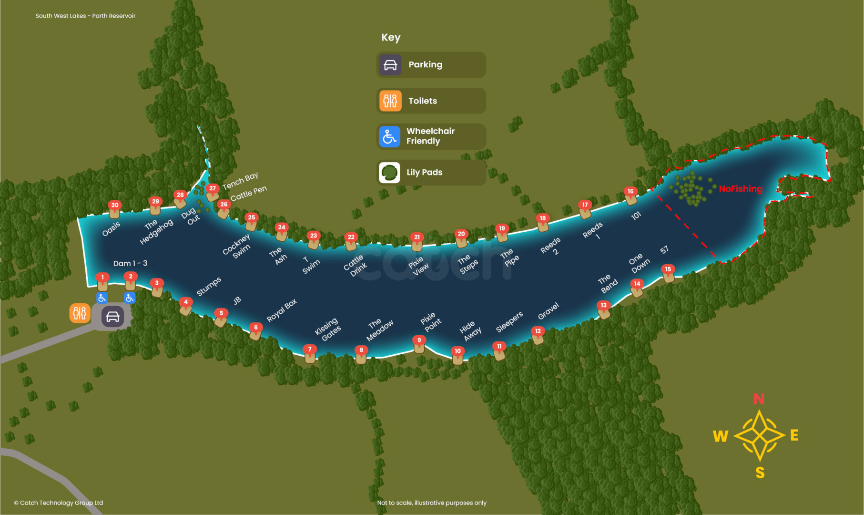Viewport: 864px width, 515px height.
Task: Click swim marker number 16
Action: coord(630,195)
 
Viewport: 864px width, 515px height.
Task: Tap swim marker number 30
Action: coord(114,208)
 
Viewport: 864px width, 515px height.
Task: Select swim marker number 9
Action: coord(419,343)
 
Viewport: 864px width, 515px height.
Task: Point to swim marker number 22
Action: coord(351,240)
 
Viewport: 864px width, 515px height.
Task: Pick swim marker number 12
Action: coord(538,334)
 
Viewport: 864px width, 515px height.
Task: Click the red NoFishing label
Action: coord(741,189)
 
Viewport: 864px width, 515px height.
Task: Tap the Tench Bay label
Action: coord(240,181)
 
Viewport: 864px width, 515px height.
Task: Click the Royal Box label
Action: coord(282,310)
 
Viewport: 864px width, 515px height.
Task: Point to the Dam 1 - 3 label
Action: coord(130,263)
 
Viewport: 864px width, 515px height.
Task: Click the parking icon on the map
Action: coord(112,317)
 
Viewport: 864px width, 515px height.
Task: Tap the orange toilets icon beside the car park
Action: coord(80,313)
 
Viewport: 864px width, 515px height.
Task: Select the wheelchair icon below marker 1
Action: coord(102,298)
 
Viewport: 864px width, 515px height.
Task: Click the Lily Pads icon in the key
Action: coord(389,172)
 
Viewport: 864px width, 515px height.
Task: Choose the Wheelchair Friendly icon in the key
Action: coord(389,137)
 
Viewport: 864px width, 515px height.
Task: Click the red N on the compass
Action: coord(759,399)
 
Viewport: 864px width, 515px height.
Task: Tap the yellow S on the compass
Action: coord(760,473)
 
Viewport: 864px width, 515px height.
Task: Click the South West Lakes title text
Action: coord(85,16)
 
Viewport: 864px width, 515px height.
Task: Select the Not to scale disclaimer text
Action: coord(432,503)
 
